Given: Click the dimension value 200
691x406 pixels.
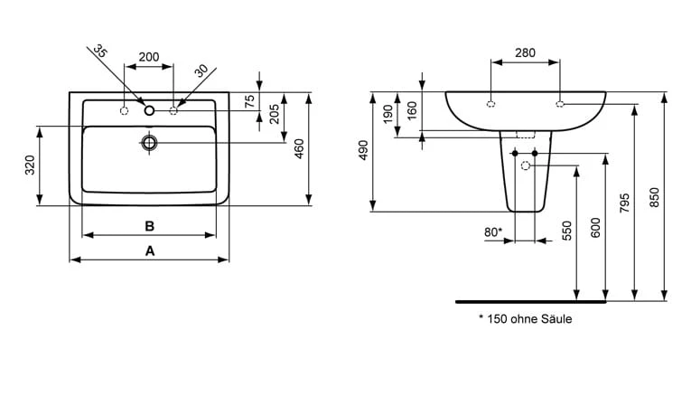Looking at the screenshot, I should (148, 57).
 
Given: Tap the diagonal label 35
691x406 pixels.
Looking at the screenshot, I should (101, 53).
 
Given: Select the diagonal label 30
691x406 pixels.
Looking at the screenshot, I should (201, 69).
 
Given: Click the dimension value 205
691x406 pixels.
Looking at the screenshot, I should (274, 113).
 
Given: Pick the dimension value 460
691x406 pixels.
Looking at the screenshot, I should (299, 148).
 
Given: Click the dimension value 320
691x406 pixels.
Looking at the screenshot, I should (29, 165).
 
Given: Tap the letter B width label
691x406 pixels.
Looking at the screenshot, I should (151, 225).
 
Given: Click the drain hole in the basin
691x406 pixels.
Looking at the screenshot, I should (149, 142).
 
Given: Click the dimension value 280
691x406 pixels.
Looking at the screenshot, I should (525, 52).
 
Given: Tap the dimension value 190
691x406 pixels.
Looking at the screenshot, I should (388, 115).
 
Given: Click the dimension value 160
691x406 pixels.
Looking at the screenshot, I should (412, 110).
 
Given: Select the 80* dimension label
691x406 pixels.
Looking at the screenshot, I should (493, 231).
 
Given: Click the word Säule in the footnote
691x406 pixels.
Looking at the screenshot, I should (556, 318).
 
